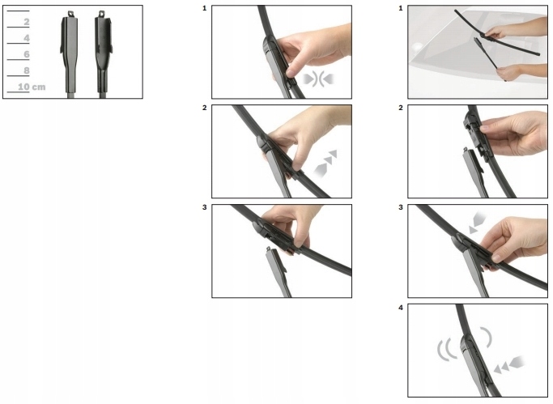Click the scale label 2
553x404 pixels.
[x=27, y=22]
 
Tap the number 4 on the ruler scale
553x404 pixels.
[x=27, y=38]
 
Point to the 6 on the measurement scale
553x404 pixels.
[x=27, y=54]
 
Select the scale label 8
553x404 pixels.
[x=27, y=70]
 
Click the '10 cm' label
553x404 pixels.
[x=32, y=87]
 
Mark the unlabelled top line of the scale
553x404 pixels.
[x=18, y=11]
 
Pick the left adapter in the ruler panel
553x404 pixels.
[x=70, y=53]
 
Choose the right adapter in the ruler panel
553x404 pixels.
[x=104, y=53]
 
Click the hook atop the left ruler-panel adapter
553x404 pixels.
[x=71, y=14]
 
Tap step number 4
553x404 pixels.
[x=401, y=308]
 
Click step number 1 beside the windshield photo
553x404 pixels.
[x=401, y=8]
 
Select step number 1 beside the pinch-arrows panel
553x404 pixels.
[x=205, y=8]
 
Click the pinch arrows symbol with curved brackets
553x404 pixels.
[x=318, y=79]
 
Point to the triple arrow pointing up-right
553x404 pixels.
[x=325, y=163]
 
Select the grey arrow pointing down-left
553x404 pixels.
[x=478, y=223]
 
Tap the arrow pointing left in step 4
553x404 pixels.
[x=509, y=364]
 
